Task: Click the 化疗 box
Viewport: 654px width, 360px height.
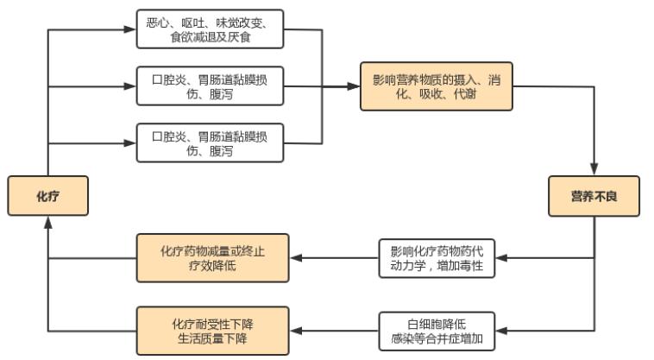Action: point(48,197)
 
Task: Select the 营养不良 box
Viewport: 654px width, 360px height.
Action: point(594,197)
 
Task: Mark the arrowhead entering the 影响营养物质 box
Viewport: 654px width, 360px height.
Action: point(354,86)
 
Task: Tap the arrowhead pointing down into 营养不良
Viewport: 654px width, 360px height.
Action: point(594,171)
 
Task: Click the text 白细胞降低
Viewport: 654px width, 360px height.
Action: point(437,323)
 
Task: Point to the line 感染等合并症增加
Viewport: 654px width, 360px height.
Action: point(437,338)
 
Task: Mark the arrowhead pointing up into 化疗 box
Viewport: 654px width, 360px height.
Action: point(48,222)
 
